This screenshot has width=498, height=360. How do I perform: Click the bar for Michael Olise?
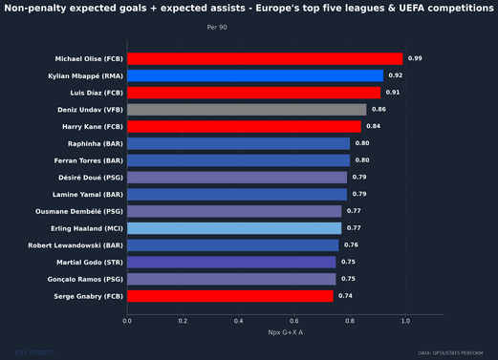click(265, 58)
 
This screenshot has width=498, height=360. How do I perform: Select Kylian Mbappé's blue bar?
click(255, 75)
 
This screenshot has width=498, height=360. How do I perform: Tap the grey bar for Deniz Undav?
click(247, 110)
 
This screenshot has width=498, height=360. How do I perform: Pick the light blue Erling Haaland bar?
click(234, 228)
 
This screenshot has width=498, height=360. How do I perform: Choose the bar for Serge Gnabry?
click(230, 296)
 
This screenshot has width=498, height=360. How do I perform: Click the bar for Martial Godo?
click(231, 262)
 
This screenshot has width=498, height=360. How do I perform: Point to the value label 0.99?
click(415, 58)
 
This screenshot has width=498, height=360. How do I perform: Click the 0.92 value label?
click(396, 75)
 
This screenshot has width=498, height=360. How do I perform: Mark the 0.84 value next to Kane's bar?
click(373, 126)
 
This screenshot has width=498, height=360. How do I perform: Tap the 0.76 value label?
click(351, 245)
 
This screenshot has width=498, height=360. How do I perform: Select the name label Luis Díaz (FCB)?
click(93, 93)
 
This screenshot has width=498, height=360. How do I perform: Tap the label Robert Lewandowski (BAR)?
click(80, 245)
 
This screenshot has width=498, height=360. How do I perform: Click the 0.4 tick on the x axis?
click(239, 322)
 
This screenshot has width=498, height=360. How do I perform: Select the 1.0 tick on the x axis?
click(407, 322)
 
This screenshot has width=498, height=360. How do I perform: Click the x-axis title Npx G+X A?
click(285, 332)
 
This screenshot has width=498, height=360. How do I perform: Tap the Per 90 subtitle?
click(217, 28)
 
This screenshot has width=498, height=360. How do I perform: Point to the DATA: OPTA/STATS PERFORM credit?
click(455, 353)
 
